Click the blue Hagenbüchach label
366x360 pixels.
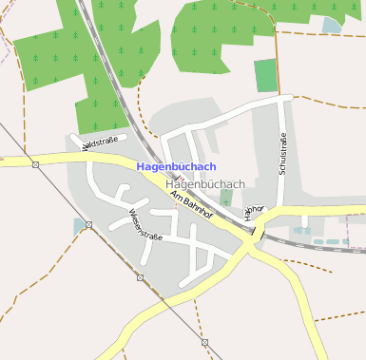(x=176, y=166)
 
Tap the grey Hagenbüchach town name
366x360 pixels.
(x=205, y=183)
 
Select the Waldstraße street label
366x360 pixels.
(x=101, y=144)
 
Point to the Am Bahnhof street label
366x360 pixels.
(x=189, y=201)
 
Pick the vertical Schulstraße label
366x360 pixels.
(x=282, y=154)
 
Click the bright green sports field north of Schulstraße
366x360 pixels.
(x=266, y=75)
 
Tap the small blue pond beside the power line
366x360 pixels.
(x=77, y=227)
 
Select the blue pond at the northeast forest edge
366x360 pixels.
(x=331, y=25)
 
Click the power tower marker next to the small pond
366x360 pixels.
(x=88, y=225)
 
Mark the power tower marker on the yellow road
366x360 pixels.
(x=35, y=164)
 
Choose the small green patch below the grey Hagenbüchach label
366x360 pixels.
(x=225, y=198)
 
